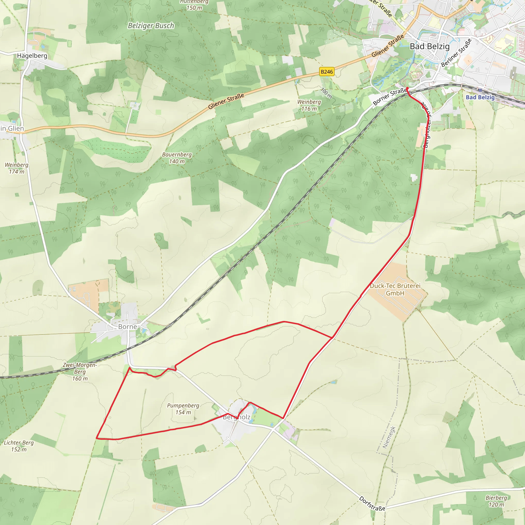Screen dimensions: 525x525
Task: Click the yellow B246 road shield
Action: pyautogui.click(x=326, y=72)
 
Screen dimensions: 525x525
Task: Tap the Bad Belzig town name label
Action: pyautogui.click(x=430, y=46)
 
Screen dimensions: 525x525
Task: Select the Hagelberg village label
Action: pyautogui.click(x=32, y=56)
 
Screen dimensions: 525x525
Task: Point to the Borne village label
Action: pyautogui.click(x=127, y=327)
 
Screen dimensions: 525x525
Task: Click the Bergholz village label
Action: pyautogui.click(x=236, y=417)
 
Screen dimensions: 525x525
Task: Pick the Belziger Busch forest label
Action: pyautogui.click(x=151, y=26)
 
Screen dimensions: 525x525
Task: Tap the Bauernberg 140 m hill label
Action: pyautogui.click(x=177, y=158)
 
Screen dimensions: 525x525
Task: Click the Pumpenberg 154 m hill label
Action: pyautogui.click(x=183, y=409)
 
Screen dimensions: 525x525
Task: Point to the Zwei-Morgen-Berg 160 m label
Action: pyautogui.click(x=80, y=372)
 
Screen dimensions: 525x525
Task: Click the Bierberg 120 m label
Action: pyautogui.click(x=496, y=501)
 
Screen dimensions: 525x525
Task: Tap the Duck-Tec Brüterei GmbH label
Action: pyautogui.click(x=395, y=289)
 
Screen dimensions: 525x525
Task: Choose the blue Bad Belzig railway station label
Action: pyautogui.click(x=480, y=97)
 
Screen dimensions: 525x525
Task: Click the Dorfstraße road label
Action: pyautogui.click(x=372, y=503)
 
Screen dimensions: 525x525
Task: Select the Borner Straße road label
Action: pyautogui.click(x=390, y=96)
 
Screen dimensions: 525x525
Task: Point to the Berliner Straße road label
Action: pyautogui.click(x=456, y=53)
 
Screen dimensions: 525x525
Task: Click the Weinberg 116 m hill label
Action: pyautogui.click(x=309, y=105)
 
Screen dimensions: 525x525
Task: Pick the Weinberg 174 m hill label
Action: pyautogui.click(x=16, y=168)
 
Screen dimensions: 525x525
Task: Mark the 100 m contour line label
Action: pyautogui.click(x=326, y=93)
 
